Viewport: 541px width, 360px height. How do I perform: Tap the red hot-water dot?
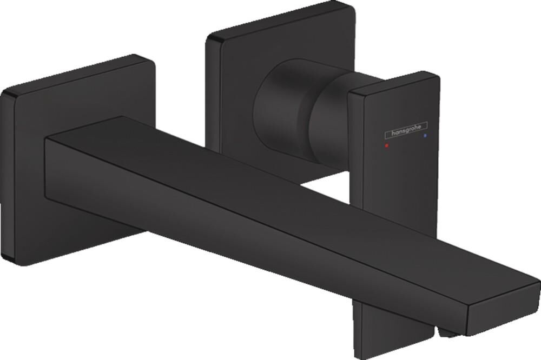pyautogui.click(x=385, y=146)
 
